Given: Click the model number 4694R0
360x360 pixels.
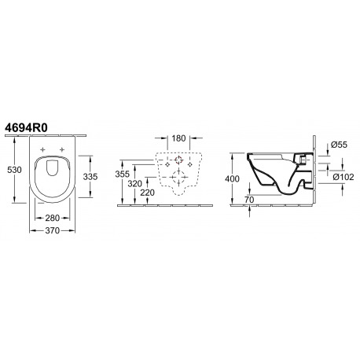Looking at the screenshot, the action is point(26,128).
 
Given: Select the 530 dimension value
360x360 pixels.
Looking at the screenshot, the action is point(14,170).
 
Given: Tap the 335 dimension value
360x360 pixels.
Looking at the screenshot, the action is point(90,177).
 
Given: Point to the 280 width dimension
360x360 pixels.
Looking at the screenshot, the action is point(53,218).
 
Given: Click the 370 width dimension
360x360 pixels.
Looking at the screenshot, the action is point(53,230).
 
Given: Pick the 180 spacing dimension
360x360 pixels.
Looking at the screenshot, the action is point(178,138).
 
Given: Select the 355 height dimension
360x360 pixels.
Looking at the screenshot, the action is point(123,174).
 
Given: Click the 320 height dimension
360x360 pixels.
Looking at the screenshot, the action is point(135,184).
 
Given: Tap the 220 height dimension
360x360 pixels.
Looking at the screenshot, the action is point(147,193).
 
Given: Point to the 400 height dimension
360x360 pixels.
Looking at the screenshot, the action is point(232,178).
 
